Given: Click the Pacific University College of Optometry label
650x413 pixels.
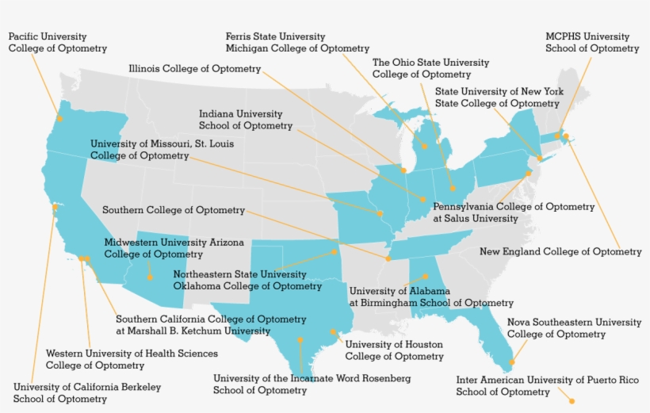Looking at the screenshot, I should [x=58, y=43].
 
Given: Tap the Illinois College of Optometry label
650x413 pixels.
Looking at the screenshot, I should [x=195, y=69].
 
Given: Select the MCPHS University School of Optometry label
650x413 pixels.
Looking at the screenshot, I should [x=591, y=43].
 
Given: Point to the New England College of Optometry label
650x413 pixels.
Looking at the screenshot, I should [x=560, y=252].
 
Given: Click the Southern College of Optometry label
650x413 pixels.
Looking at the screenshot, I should [x=174, y=210].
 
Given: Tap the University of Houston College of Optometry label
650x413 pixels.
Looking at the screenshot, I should [x=394, y=350].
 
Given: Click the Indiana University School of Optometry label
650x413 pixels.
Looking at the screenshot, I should [x=245, y=120].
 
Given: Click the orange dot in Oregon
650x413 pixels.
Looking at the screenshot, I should [x=59, y=118].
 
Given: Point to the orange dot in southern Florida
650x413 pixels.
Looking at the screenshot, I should [x=511, y=362].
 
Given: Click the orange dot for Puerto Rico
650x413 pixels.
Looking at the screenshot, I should [x=571, y=401].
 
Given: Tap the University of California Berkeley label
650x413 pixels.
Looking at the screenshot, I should [x=87, y=393].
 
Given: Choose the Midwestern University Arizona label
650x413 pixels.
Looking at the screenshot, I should [x=174, y=248].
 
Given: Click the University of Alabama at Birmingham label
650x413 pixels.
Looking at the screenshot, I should [x=431, y=296].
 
